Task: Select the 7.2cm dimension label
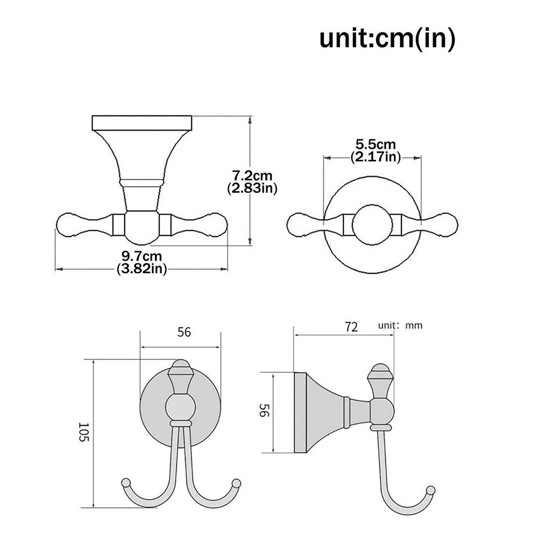(x=252, y=176)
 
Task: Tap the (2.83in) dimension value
(x=252, y=188)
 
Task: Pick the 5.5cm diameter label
(x=376, y=145)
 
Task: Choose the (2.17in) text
(x=376, y=157)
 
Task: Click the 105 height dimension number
(x=82, y=431)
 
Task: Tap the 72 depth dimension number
(x=351, y=326)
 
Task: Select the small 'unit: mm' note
(x=400, y=325)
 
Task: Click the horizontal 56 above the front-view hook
(x=184, y=332)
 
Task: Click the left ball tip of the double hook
(x=126, y=482)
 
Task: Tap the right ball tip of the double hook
(x=235, y=482)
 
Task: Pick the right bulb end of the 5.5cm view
(x=447, y=224)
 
